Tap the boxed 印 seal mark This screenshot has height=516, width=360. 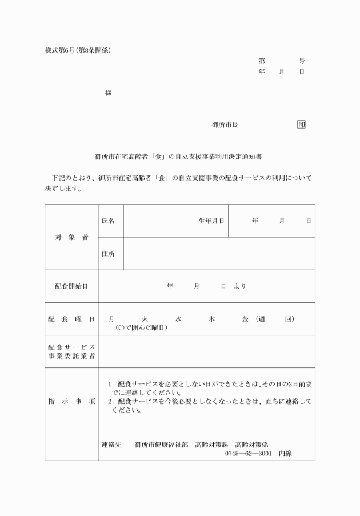pyautogui.click(x=301, y=125)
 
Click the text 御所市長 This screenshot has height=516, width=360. pyautogui.click(x=225, y=125)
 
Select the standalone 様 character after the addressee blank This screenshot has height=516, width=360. pyautogui.click(x=108, y=93)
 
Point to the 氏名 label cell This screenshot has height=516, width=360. pyautogui.click(x=108, y=220)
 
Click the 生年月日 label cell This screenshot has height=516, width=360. pyautogui.click(x=211, y=220)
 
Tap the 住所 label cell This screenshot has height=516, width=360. pyautogui.click(x=108, y=253)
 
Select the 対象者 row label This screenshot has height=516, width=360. pyautogui.click(x=71, y=237)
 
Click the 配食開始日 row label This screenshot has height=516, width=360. pyautogui.click(x=71, y=286)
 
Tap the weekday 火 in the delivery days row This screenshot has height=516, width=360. pyautogui.click(x=145, y=318)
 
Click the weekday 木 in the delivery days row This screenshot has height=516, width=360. pyautogui.click(x=211, y=318)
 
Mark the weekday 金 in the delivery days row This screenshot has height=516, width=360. pyautogui.click(x=245, y=318)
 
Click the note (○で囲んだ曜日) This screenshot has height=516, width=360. pyautogui.click(x=141, y=327)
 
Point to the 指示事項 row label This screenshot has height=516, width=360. pyautogui.click(x=71, y=401)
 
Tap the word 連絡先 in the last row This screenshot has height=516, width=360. pyautogui.click(x=111, y=444)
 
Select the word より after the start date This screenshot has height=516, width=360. pyautogui.click(x=240, y=286)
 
